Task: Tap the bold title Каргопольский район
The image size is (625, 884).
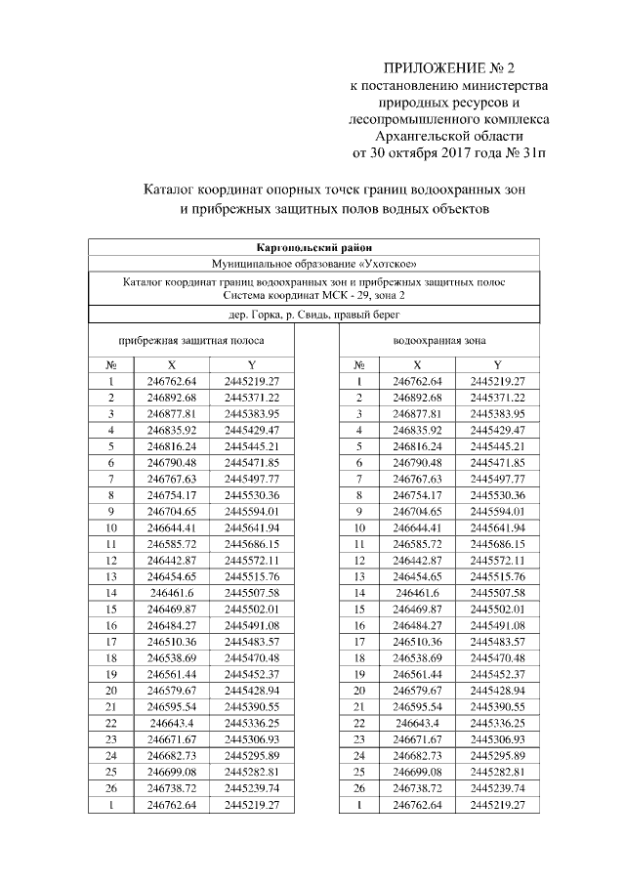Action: coord(312,247)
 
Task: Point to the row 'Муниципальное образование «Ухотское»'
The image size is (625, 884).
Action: coord(312,265)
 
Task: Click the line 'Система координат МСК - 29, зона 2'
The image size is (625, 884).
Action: coord(312,294)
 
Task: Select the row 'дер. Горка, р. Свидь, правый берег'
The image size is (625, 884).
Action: coord(312,314)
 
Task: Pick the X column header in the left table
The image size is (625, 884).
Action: coord(172,364)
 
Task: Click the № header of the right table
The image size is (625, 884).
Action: coord(359,364)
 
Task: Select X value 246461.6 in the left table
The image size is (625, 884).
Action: coord(172,592)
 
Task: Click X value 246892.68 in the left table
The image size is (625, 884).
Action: coord(172,399)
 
